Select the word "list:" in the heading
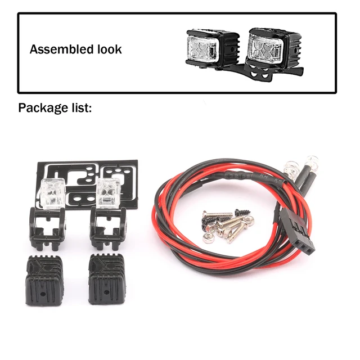[x=80, y=108]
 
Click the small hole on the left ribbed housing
[x=43, y=292]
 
